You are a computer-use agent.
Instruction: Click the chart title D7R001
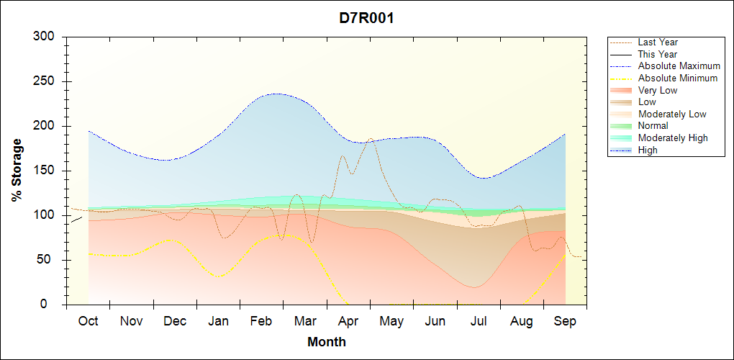coord(366,18)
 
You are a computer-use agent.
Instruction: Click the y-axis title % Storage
coord(17,171)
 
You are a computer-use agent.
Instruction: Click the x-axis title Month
coord(327,342)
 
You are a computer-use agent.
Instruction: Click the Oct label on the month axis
coord(88,321)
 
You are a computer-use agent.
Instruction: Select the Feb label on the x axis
coord(262,321)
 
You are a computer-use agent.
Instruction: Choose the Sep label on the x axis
coord(565,321)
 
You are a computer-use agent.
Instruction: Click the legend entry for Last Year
coord(658,42)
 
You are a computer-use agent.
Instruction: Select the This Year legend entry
coord(658,54)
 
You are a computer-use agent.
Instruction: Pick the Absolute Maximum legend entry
coord(679,66)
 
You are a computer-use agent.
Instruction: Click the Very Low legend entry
coord(658,90)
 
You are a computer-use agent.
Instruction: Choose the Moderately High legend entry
coord(673,138)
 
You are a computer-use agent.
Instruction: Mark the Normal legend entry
coord(653,126)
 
